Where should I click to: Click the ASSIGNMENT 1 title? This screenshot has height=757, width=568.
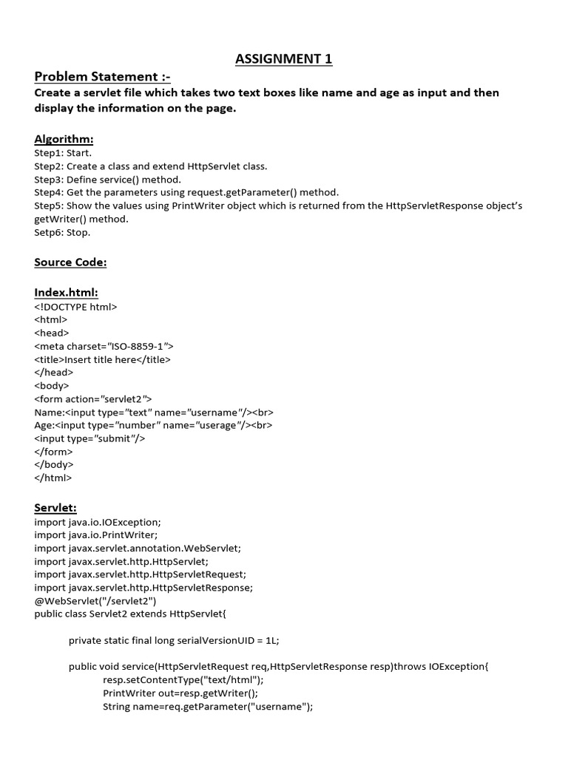coord(283,59)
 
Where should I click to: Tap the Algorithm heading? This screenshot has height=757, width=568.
coord(64,139)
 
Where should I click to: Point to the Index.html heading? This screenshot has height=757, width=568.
coord(66,293)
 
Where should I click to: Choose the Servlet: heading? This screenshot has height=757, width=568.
coord(55,507)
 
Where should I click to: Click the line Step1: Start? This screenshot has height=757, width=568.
coord(63,153)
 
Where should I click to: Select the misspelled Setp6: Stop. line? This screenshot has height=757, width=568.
coord(62,232)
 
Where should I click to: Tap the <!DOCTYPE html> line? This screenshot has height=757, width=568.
coord(75,307)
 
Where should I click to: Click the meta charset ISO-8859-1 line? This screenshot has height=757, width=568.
coord(104,346)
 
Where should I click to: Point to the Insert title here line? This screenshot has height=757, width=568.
coord(102,359)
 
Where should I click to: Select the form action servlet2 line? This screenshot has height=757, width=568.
coord(93,399)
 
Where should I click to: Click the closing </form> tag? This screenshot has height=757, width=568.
coord(53,452)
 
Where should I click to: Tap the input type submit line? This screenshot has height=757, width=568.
coord(89,438)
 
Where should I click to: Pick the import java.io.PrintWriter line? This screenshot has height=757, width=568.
coord(96,534)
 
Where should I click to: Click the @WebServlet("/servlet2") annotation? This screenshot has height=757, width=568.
coord(95,601)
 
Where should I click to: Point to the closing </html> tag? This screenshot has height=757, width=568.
coord(53,478)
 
